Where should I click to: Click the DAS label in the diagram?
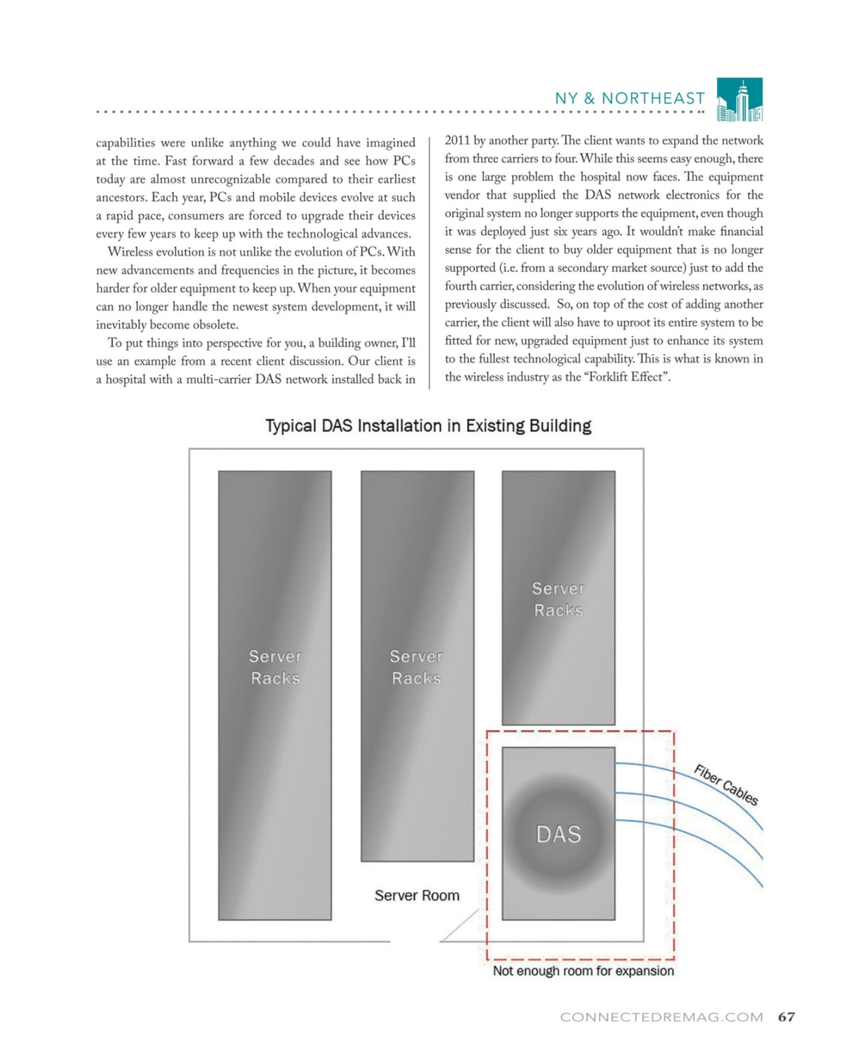click(558, 834)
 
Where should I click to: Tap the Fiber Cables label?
click(726, 785)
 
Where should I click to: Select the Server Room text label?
click(417, 896)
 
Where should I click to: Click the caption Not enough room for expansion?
click(583, 971)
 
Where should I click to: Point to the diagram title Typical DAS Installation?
click(428, 426)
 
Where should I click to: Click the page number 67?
click(787, 1017)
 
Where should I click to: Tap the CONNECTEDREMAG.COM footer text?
click(661, 1017)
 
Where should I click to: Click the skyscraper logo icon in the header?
click(739, 100)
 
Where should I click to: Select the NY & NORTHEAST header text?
click(629, 99)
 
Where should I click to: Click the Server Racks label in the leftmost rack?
click(275, 667)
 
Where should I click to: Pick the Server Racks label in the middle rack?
click(416, 667)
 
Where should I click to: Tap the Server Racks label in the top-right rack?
click(558, 599)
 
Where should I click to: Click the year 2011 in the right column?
click(457, 141)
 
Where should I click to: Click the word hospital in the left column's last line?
click(125, 379)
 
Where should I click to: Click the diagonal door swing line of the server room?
click(459, 926)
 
